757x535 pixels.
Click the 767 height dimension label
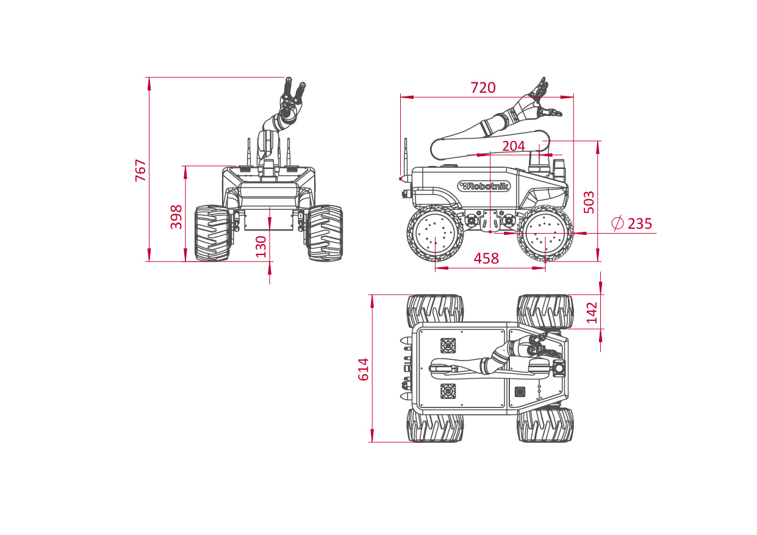[140, 170]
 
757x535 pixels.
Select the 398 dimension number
[176, 217]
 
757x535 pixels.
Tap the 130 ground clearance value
[261, 246]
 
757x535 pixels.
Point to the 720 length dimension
[483, 88]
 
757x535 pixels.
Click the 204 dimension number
[514, 146]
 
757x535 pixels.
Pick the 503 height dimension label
[589, 202]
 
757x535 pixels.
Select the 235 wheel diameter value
[640, 224]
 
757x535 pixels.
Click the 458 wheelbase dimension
[486, 259]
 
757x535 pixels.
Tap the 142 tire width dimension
[592, 312]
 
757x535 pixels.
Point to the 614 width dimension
[364, 370]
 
